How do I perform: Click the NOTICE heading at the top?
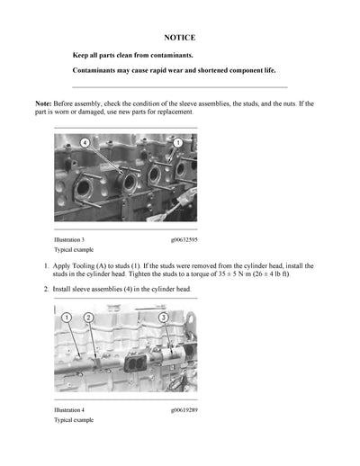point(179,38)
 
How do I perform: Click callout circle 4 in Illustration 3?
point(85,143)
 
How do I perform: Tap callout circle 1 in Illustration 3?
point(177,143)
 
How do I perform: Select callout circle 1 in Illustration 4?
point(67,318)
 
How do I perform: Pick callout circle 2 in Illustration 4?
point(88,318)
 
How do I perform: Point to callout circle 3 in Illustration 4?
point(163,318)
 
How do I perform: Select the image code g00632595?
point(184,240)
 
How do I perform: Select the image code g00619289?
point(184,410)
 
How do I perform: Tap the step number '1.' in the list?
point(47,267)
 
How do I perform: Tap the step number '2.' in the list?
point(47,290)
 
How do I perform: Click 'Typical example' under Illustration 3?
point(74,250)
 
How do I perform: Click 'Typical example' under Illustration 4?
point(74,420)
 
